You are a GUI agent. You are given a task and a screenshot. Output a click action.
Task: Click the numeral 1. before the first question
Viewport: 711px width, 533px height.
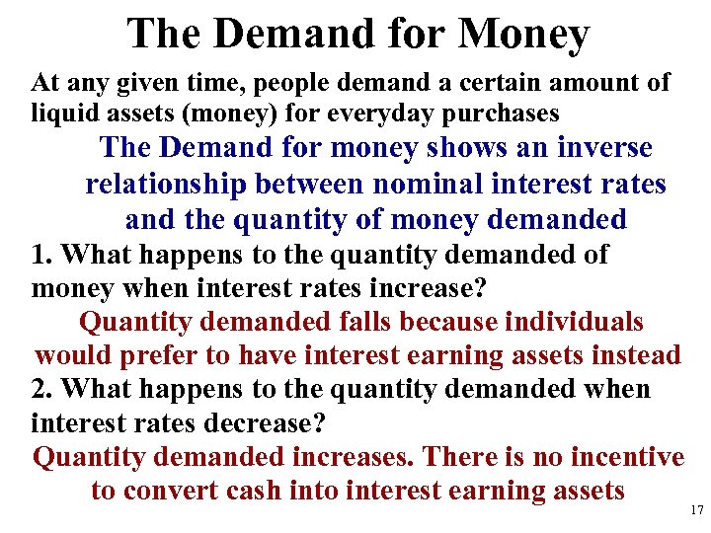coord(42,254)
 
